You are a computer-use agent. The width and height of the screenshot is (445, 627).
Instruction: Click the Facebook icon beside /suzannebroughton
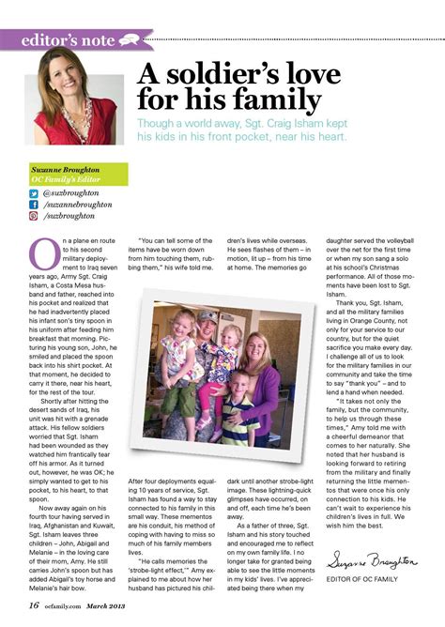click(x=34, y=204)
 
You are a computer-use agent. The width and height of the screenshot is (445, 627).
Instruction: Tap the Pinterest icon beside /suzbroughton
click(x=34, y=215)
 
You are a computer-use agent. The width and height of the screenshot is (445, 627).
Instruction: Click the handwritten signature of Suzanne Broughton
click(x=371, y=562)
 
